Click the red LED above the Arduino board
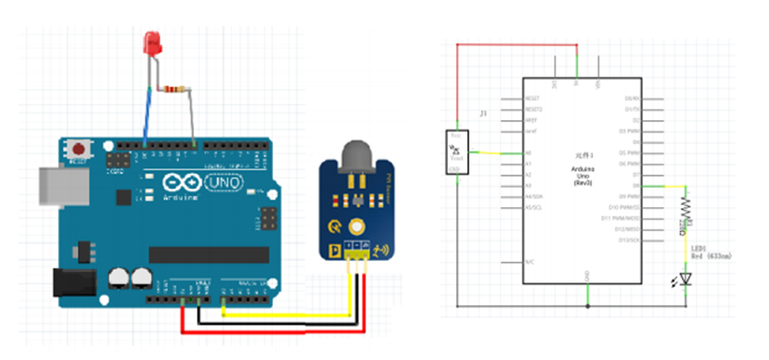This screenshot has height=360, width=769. tap(152, 43)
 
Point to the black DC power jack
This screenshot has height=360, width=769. tap(74, 284)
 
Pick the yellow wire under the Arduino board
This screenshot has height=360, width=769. tap(287, 313)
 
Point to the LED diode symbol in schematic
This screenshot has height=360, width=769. tap(686, 278)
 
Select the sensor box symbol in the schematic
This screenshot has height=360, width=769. tap(455, 153)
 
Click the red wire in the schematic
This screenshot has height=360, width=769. tap(513, 43)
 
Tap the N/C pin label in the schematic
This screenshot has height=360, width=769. tap(530, 262)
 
